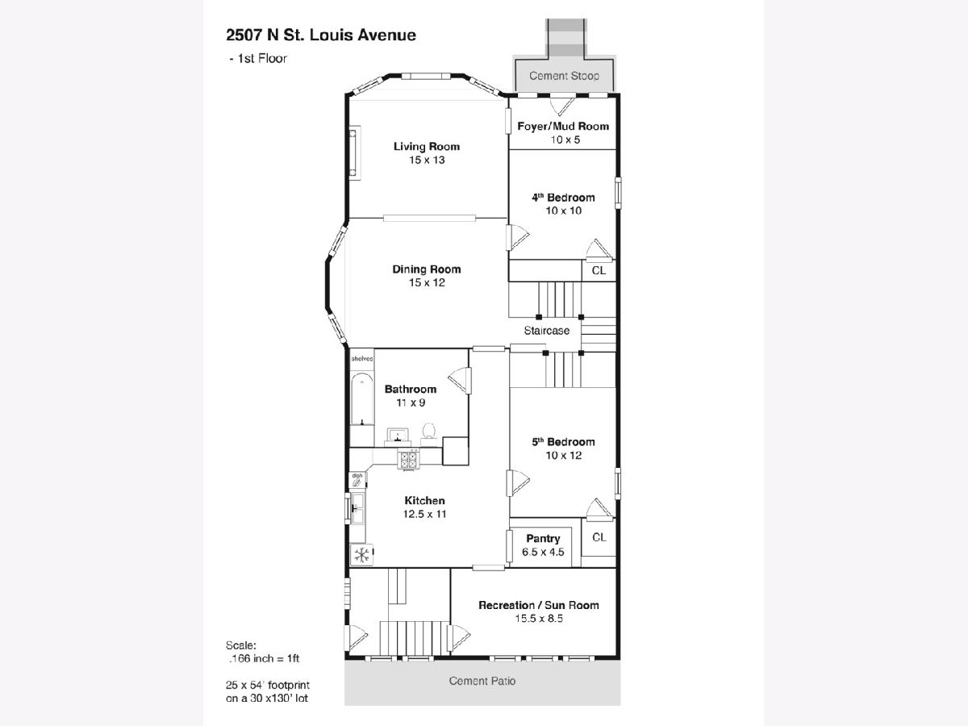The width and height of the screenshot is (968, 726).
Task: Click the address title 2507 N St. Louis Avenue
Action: click(321, 35)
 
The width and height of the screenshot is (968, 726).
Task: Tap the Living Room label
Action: click(427, 146)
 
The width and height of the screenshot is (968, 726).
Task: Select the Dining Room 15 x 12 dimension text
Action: click(427, 282)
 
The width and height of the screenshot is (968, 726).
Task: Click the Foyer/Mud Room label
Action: click(563, 126)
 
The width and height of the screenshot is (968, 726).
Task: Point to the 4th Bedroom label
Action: click(563, 197)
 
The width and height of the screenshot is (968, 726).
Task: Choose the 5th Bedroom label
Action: click(563, 441)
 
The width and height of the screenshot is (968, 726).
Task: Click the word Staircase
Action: click(546, 331)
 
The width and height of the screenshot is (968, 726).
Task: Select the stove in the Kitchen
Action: click(409, 459)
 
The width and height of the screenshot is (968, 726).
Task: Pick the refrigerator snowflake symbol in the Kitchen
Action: click(361, 554)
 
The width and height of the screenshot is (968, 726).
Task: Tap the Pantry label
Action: click(543, 538)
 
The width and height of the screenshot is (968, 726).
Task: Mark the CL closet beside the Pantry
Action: click(599, 537)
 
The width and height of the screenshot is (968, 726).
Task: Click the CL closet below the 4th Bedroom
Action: click(599, 271)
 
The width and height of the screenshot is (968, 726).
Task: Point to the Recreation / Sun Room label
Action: click(539, 605)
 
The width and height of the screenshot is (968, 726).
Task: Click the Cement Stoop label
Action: click(564, 76)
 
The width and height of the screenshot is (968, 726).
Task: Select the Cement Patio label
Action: click(482, 681)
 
